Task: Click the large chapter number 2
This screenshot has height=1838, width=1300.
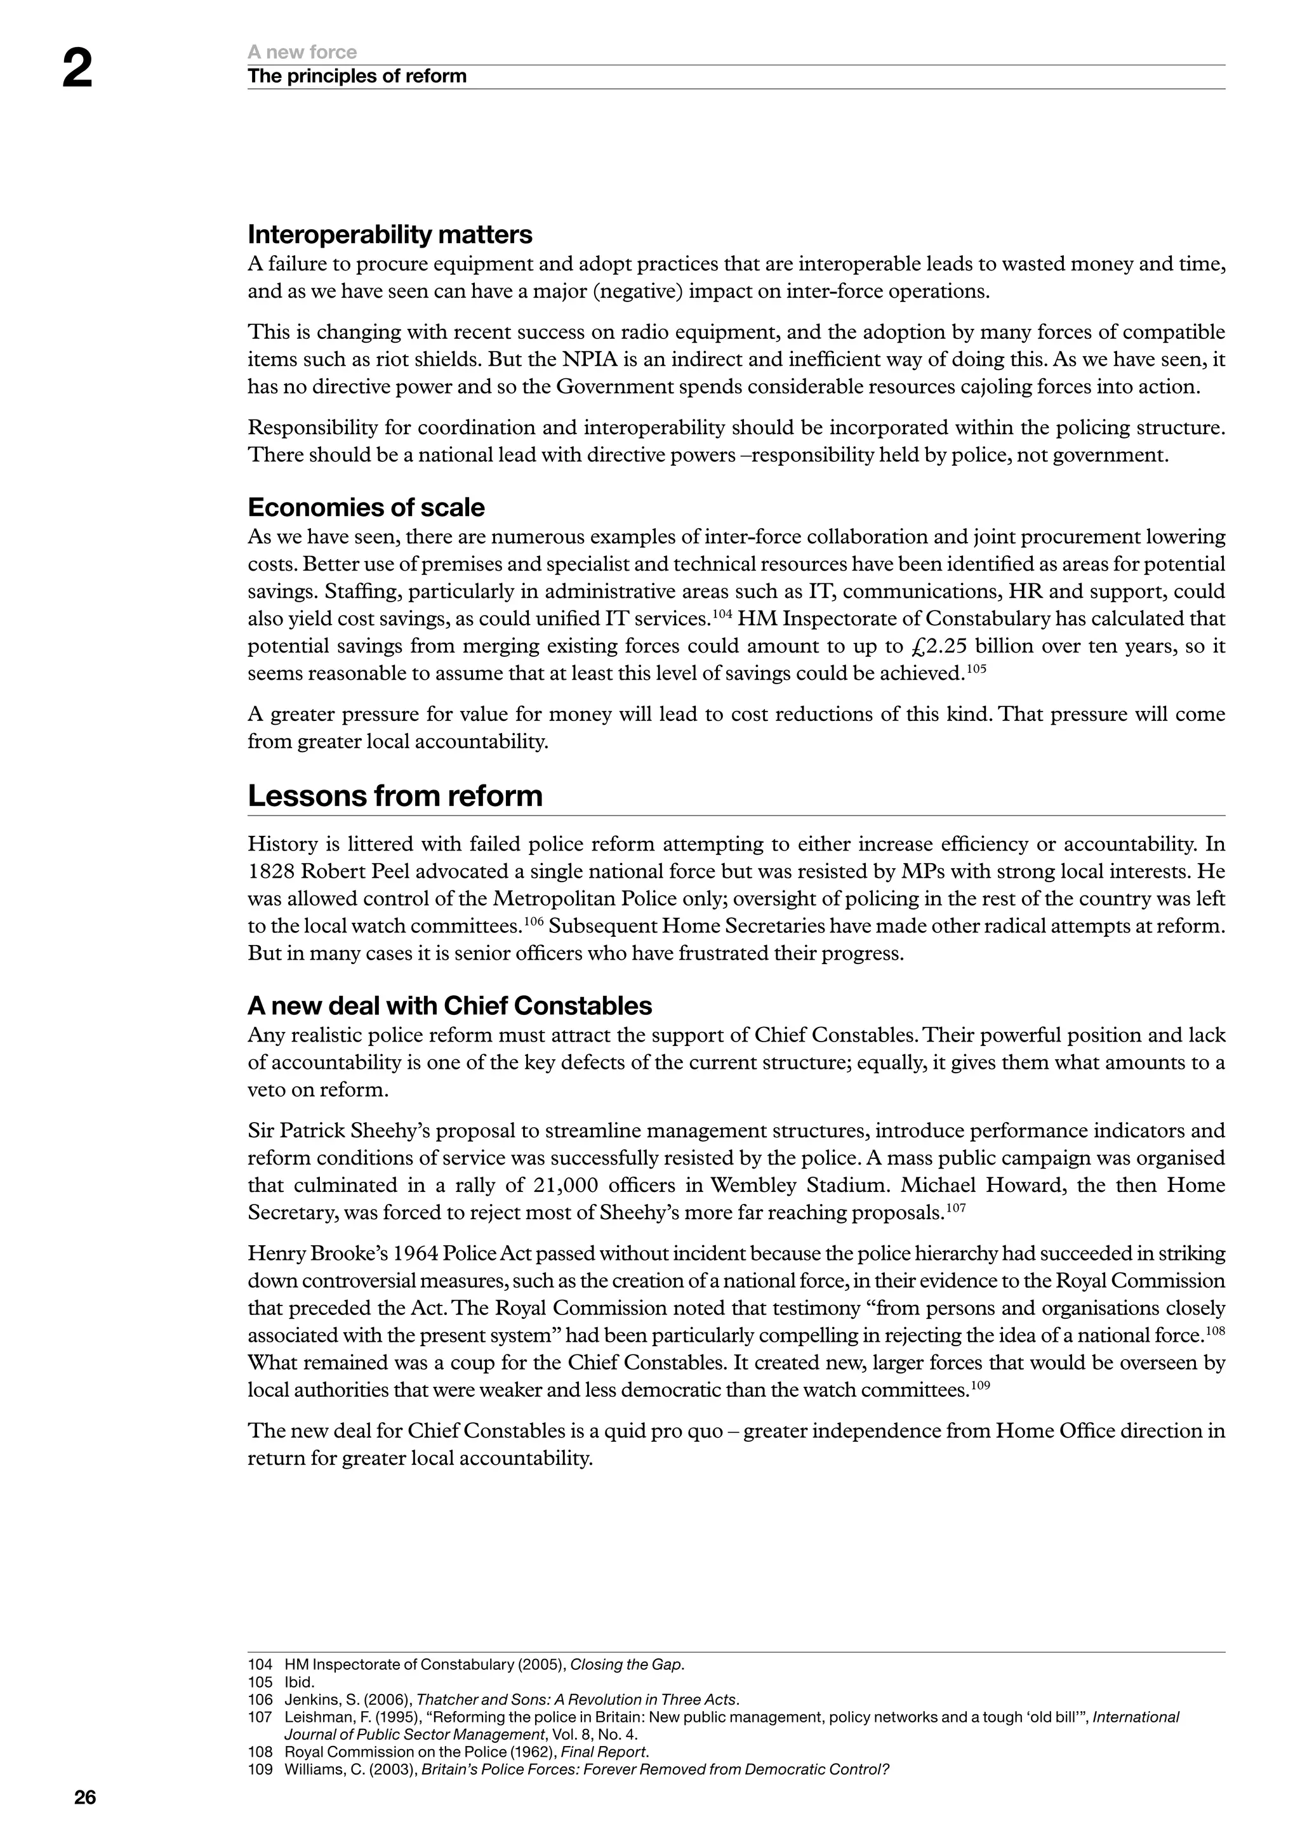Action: pos(77,70)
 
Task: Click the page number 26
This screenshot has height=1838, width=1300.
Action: pos(85,1797)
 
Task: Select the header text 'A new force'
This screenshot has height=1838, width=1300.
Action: pos(302,52)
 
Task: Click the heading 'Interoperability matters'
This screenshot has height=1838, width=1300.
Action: pos(390,235)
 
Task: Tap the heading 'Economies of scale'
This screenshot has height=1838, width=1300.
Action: pos(366,508)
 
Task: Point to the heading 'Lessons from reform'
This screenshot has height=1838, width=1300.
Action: pos(395,796)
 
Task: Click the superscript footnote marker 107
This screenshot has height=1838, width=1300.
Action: pos(956,1207)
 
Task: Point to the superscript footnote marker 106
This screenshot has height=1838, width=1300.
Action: pos(533,921)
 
